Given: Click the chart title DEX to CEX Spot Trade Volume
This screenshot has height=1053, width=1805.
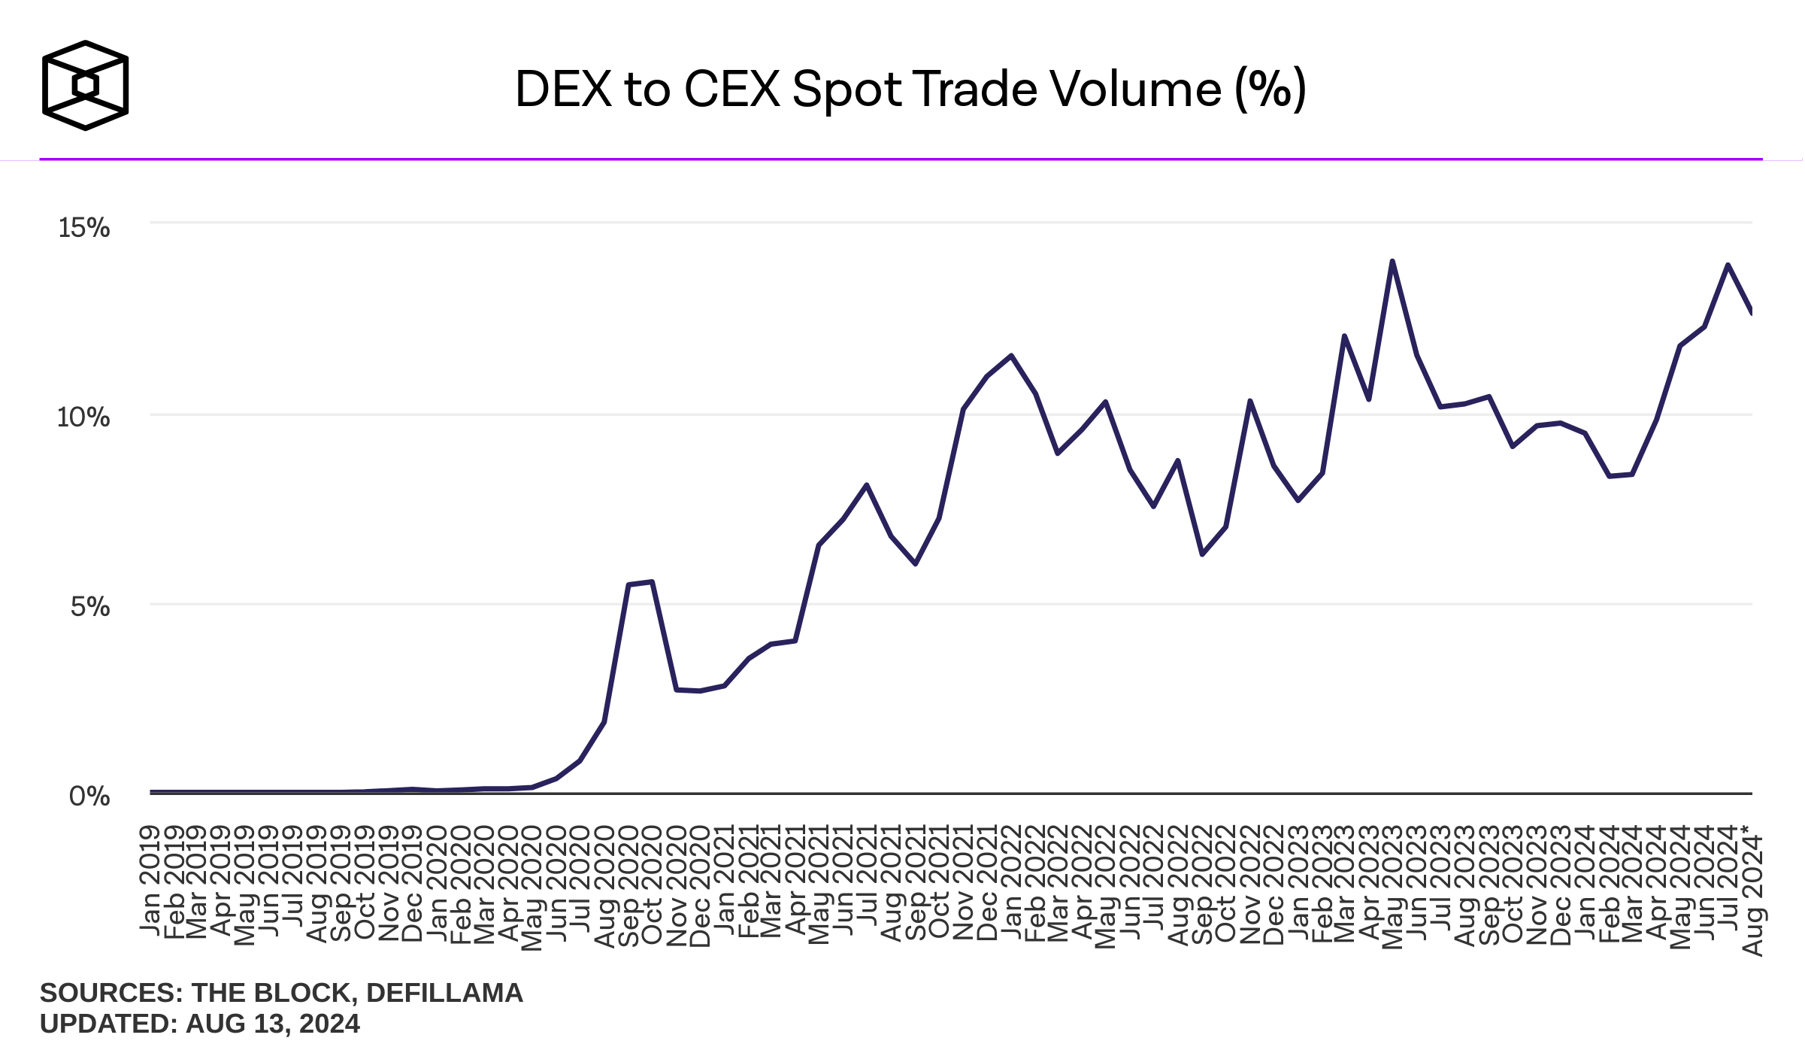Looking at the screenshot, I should tap(910, 89).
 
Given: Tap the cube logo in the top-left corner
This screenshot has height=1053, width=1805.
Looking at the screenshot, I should tap(85, 85).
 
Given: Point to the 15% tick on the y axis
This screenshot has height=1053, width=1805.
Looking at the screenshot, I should tap(84, 227).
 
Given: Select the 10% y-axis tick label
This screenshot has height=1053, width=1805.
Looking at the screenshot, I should tap(83, 417).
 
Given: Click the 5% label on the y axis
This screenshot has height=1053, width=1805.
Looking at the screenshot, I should tap(90, 606).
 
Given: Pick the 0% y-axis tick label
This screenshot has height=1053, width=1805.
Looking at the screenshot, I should tap(89, 796).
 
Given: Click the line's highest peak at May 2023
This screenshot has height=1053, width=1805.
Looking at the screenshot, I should tap(1392, 261).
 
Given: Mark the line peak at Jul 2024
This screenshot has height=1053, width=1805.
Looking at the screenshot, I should tap(1728, 265).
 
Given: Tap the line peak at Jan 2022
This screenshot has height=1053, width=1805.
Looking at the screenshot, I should tap(1011, 356).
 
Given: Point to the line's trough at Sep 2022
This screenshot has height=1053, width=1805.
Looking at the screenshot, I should tap(1202, 554).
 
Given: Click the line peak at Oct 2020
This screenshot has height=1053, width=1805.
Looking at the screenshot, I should tap(652, 581).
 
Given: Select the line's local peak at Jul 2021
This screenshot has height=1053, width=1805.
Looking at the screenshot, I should tap(867, 485).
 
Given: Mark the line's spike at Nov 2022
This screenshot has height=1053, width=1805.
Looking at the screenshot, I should tap(1249, 401).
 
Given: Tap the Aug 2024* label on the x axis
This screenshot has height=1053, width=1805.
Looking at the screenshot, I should tap(1752, 891).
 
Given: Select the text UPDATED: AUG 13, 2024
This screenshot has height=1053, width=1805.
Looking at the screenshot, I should tap(200, 1024).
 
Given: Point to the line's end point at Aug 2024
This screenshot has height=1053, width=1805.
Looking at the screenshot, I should tap(1751, 312).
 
